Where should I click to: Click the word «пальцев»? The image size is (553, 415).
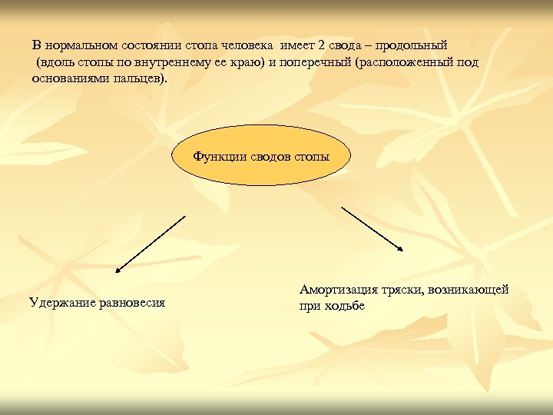click(x=140, y=79)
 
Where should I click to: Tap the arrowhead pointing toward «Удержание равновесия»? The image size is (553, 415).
click(x=118, y=270)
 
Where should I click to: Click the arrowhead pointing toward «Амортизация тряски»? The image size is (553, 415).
click(x=401, y=247)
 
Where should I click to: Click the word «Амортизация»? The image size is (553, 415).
click(x=339, y=290)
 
